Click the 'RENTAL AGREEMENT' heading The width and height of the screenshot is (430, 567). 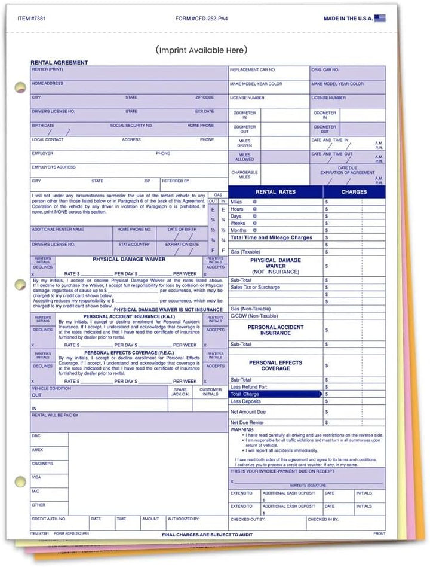[59, 62]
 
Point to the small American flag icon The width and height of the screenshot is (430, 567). [379, 19]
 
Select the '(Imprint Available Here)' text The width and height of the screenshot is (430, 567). [201, 50]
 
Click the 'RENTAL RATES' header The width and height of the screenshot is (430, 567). [275, 192]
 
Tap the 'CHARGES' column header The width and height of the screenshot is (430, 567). [354, 192]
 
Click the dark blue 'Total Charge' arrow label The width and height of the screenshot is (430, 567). [244, 395]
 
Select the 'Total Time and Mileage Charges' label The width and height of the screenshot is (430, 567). [271, 237]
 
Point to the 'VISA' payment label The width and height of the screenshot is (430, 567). [36, 477]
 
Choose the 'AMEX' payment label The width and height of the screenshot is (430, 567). [37, 449]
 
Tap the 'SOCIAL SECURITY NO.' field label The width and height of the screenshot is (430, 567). [131, 126]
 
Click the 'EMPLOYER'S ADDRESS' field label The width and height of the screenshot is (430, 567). [54, 167]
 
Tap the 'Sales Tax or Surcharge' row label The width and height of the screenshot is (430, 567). [255, 287]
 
